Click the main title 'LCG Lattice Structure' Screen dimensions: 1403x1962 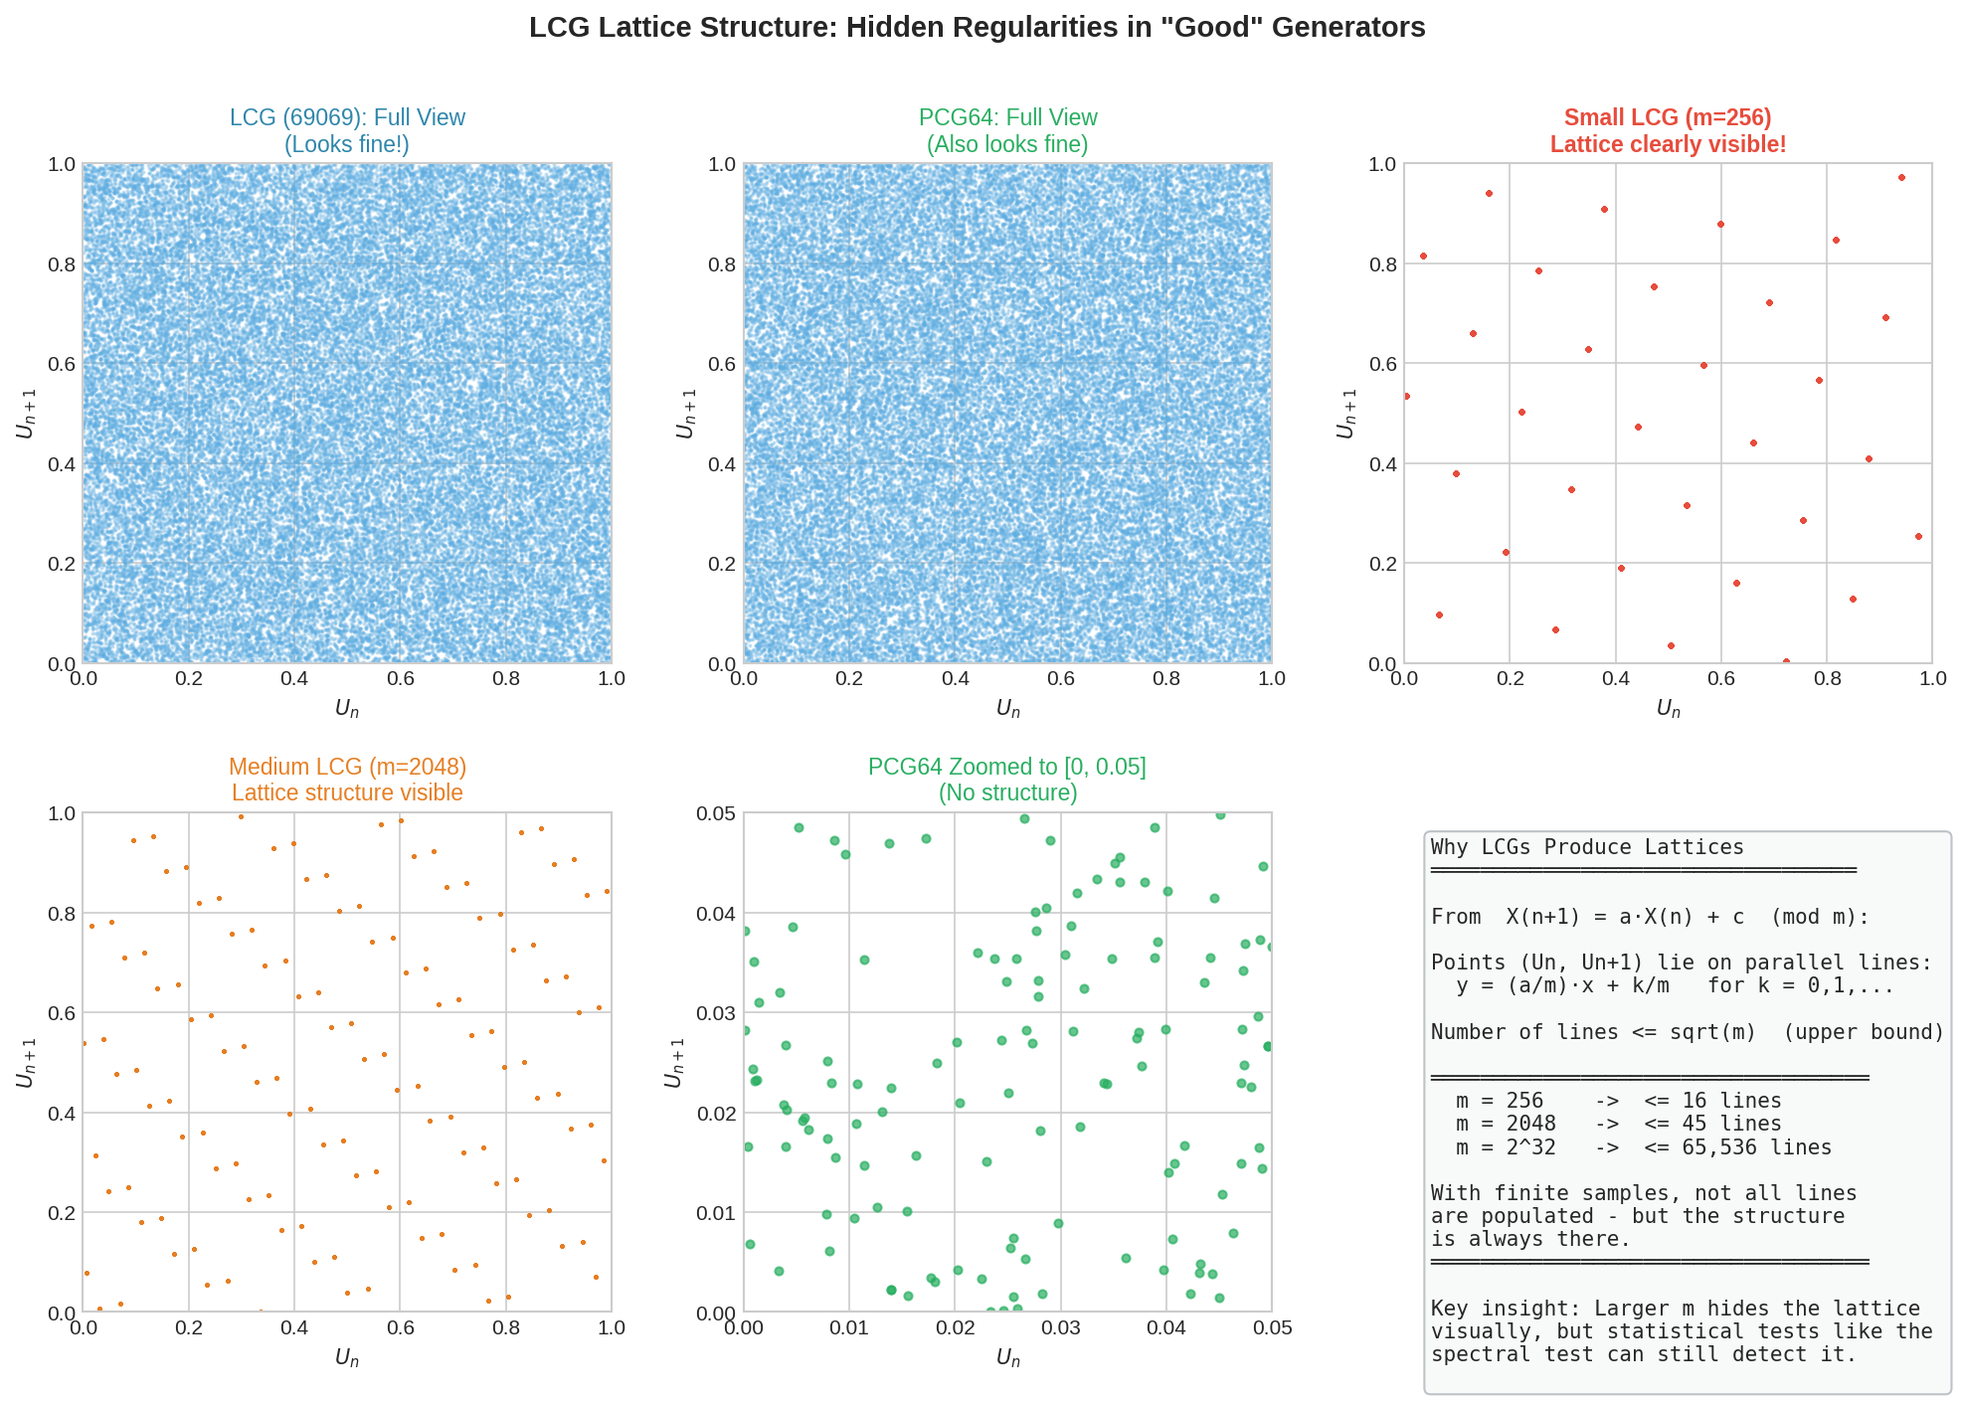977,28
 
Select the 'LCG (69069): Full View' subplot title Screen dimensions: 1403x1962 347,117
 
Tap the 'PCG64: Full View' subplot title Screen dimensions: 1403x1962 1007,117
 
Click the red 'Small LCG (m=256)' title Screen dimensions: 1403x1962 1668,117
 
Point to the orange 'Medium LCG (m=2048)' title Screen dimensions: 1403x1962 347,767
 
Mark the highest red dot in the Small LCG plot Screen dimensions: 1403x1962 1901,178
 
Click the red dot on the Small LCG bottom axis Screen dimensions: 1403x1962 1786,661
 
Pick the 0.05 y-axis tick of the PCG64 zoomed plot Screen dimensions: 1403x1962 716,813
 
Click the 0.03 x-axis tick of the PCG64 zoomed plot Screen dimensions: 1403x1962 1060,1327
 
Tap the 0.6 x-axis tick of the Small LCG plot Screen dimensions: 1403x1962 1721,678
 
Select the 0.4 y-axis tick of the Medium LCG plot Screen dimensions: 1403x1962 63,1114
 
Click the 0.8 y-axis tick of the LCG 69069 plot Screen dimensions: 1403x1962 63,264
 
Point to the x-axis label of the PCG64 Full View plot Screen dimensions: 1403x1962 1007,708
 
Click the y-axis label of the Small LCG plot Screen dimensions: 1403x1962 1346,413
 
